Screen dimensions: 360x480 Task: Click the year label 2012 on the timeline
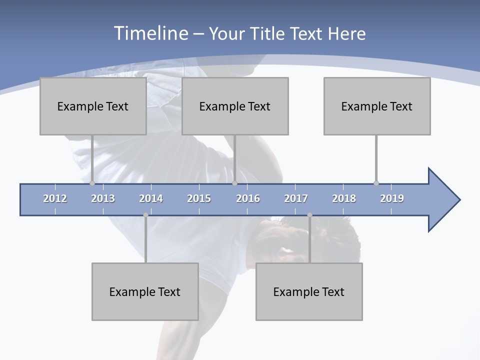point(55,198)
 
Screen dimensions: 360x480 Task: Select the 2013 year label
point(103,198)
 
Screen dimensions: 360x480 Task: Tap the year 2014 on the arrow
point(151,198)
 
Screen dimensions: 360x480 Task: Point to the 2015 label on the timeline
point(199,198)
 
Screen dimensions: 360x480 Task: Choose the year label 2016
point(248,198)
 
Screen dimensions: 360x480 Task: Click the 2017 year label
point(296,198)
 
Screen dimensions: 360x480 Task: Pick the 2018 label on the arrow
point(344,198)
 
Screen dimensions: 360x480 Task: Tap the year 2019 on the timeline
point(392,198)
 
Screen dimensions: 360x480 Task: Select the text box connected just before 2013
point(93,106)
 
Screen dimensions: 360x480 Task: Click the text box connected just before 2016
point(235,106)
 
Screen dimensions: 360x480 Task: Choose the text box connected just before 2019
point(377,106)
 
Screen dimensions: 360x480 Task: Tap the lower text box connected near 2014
point(145,291)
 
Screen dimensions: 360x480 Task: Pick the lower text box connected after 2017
point(309,291)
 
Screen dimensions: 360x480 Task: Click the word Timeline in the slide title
point(150,33)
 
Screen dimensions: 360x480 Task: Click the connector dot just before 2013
point(92,183)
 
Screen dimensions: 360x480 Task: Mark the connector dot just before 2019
point(376,183)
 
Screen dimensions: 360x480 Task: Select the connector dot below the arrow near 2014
point(145,215)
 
